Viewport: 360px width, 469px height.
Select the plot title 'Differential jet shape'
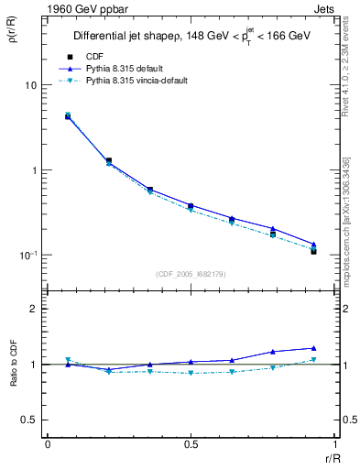tap(131, 36)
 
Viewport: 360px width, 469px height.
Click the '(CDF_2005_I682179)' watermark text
tap(191, 273)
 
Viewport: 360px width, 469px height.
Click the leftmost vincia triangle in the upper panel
tap(68, 115)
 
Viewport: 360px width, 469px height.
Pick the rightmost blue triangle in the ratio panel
tap(313, 348)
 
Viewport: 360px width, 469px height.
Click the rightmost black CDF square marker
tap(313, 250)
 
